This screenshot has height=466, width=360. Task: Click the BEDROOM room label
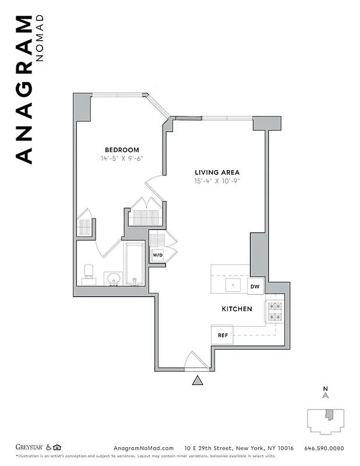point(122,149)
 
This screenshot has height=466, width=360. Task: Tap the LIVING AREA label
point(217,172)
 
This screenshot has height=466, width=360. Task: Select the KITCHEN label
point(237,308)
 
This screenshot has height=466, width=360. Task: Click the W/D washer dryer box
point(157,256)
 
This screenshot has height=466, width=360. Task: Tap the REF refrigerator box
point(223,335)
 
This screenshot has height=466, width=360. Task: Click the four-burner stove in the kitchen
point(274,312)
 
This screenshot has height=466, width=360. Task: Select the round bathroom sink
point(114,279)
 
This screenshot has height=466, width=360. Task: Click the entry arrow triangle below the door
point(198,381)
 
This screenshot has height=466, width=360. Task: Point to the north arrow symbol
point(326,395)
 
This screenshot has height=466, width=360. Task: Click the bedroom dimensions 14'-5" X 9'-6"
point(122,158)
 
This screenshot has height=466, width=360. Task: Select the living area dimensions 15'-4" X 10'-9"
point(217,181)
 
